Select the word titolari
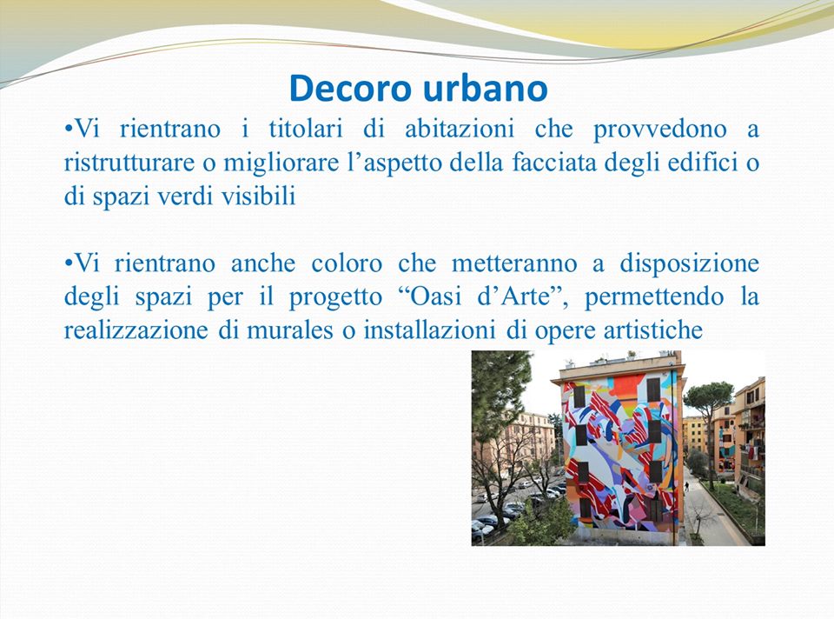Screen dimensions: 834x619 click(x=306, y=129)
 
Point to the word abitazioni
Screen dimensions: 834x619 click(x=460, y=129)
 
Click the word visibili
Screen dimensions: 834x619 click(x=259, y=196)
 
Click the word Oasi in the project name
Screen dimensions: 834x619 click(x=435, y=297)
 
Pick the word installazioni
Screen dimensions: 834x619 click(x=429, y=331)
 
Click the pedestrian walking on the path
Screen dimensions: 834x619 click(x=686, y=487)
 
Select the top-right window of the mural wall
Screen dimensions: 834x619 click(x=653, y=389)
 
